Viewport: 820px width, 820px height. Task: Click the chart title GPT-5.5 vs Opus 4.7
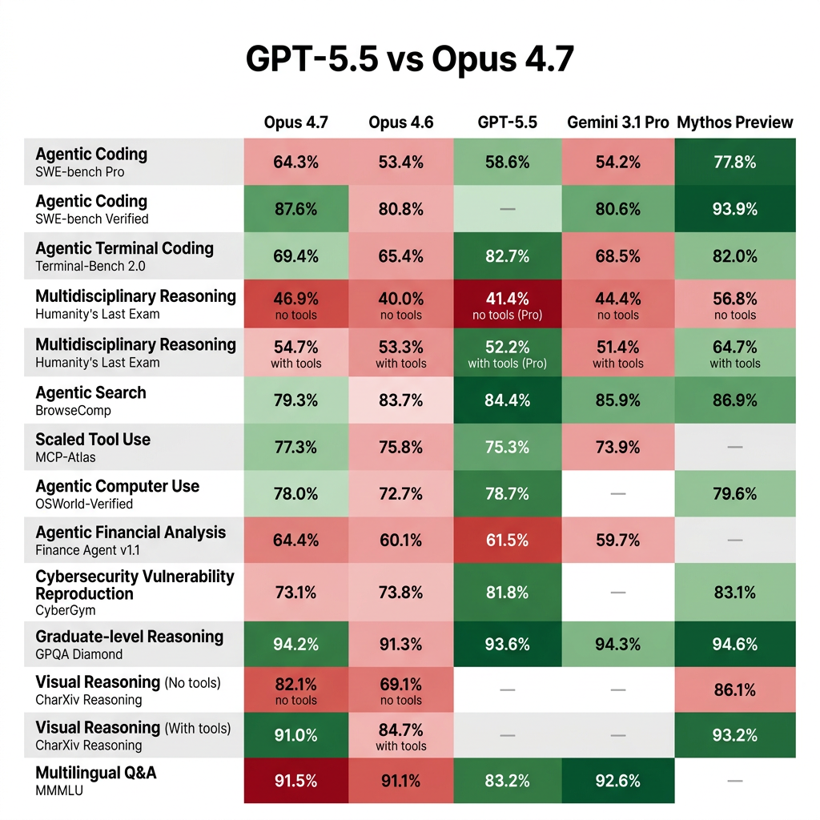pyautogui.click(x=409, y=60)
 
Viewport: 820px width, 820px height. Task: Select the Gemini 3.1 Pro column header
pyautogui.click(x=617, y=123)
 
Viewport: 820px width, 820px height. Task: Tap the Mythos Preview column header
pyautogui.click(x=734, y=123)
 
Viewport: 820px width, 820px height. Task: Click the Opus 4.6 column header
pyautogui.click(x=400, y=123)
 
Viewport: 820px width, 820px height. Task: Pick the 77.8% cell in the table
pyautogui.click(x=734, y=162)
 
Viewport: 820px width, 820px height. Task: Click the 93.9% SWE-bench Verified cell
pyautogui.click(x=734, y=209)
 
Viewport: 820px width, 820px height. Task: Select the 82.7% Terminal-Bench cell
pyautogui.click(x=507, y=256)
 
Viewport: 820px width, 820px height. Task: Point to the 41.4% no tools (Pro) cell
pyautogui.click(x=507, y=304)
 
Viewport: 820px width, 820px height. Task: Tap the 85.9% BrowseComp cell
pyautogui.click(x=617, y=400)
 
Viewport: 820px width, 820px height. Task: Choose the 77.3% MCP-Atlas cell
pyautogui.click(x=295, y=447)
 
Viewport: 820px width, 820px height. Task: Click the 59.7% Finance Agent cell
pyautogui.click(x=617, y=541)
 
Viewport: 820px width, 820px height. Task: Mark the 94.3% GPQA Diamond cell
pyautogui.click(x=617, y=645)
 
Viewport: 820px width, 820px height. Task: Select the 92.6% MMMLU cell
pyautogui.click(x=617, y=781)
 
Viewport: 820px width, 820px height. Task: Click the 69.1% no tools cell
pyautogui.click(x=400, y=691)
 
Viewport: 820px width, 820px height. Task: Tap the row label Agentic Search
pyautogui.click(x=90, y=392)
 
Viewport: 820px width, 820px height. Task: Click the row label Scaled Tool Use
pyautogui.click(x=93, y=440)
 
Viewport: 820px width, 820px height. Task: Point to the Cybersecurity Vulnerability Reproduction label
pyautogui.click(x=135, y=585)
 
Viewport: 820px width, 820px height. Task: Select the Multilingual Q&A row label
pyautogui.click(x=96, y=773)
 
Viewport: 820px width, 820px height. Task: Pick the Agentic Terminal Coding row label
pyautogui.click(x=124, y=248)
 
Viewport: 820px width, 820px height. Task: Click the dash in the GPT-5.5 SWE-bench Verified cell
pyautogui.click(x=507, y=209)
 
